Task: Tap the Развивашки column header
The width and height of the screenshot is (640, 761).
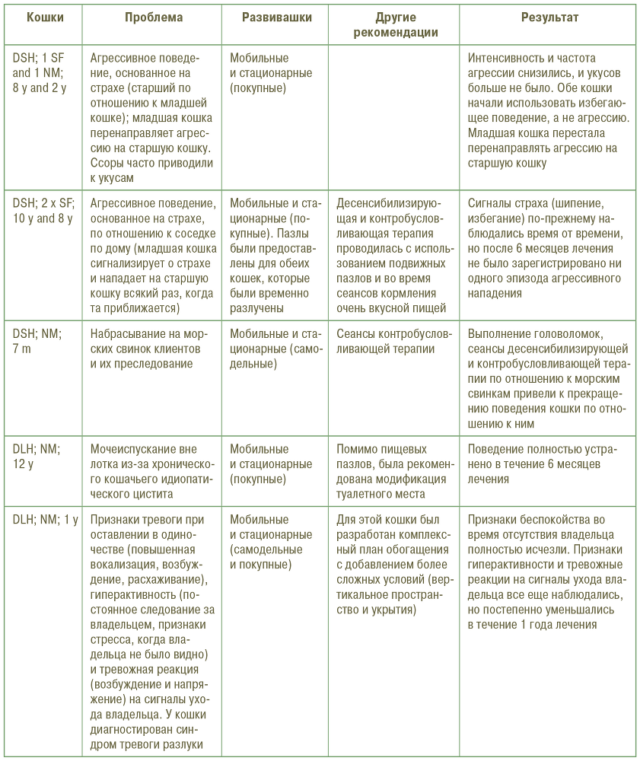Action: click(x=276, y=17)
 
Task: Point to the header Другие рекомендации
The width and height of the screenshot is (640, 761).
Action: click(x=395, y=24)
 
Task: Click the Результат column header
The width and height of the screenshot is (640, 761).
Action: click(x=549, y=17)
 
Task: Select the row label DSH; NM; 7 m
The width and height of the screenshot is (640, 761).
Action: click(x=37, y=340)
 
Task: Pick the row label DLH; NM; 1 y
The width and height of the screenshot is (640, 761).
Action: click(x=45, y=520)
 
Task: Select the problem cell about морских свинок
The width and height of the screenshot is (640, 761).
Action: click(x=146, y=349)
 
